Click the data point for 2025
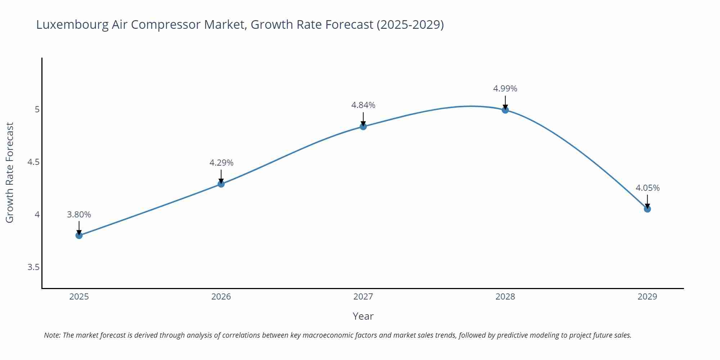pos(79,235)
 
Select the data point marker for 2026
pos(221,184)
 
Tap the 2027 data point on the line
pos(363,126)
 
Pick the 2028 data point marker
pos(505,110)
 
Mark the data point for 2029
pos(647,209)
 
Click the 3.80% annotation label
pos(79,215)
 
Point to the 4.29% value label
pos(221,163)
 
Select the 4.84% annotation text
pos(363,105)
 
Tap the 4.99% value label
pos(505,89)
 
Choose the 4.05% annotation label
pos(647,188)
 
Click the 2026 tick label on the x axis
pos(221,297)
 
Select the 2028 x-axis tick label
pos(505,297)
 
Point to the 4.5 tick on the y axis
pos(33,162)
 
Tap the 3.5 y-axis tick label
pos(33,267)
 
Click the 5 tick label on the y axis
pos(37,109)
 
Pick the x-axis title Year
pos(363,316)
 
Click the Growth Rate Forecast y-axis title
pos(10,172)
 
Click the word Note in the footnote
pos(52,335)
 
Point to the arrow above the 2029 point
pos(647,201)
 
